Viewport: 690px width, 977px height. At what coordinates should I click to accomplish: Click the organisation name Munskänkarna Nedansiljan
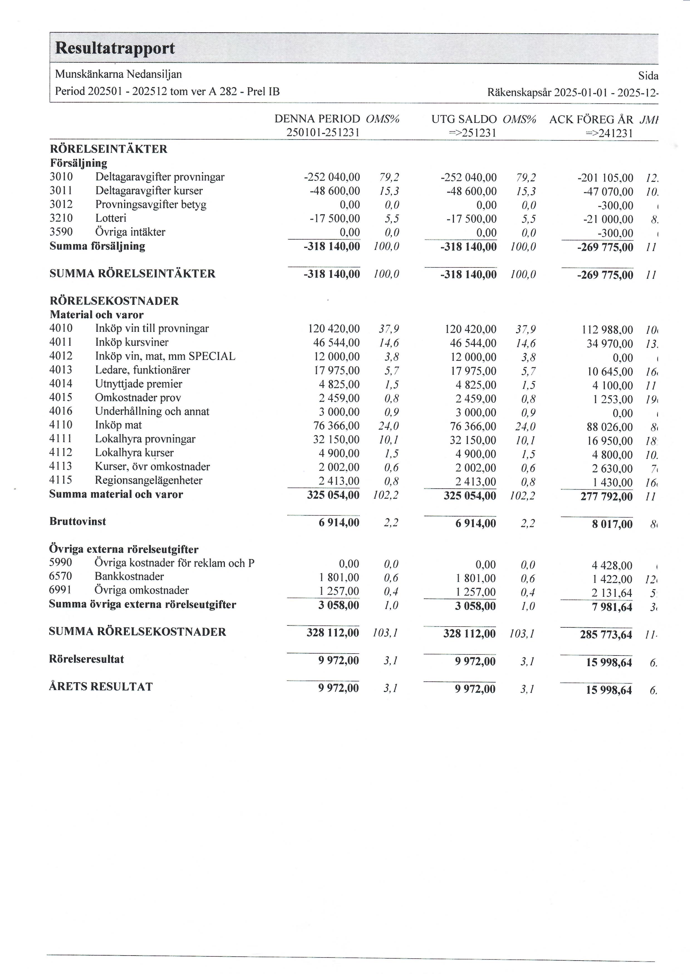click(x=118, y=74)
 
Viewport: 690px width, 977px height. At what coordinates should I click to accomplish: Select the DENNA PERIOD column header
click(x=317, y=119)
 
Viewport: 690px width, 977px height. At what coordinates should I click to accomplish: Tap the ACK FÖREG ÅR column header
click(x=591, y=120)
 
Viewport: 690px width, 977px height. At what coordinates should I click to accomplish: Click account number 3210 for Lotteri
click(x=61, y=218)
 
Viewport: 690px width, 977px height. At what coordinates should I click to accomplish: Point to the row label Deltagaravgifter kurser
click(x=149, y=191)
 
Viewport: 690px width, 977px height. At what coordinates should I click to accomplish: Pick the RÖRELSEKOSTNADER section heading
click(x=114, y=301)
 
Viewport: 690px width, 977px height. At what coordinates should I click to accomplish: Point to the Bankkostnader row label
click(x=129, y=577)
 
